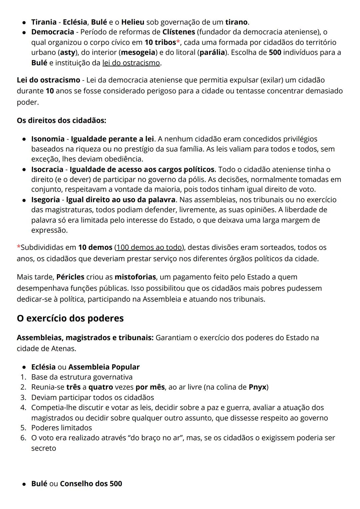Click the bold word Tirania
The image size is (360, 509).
click(x=44, y=22)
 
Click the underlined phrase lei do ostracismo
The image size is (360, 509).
click(x=131, y=63)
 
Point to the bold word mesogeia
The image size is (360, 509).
click(x=138, y=52)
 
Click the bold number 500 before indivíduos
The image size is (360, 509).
click(x=275, y=52)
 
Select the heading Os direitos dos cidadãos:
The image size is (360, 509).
click(x=61, y=120)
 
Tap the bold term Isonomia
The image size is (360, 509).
click(x=48, y=139)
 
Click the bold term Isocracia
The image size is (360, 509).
click(x=47, y=169)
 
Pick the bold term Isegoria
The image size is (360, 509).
click(x=45, y=200)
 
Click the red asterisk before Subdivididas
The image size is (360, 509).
click(x=18, y=247)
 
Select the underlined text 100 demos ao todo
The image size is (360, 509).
click(x=149, y=247)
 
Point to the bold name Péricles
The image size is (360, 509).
click(x=70, y=277)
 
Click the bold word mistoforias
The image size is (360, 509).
click(x=135, y=277)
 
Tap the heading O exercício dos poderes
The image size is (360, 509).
click(x=70, y=318)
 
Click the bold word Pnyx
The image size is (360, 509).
click(x=257, y=387)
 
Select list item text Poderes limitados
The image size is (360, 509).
click(x=61, y=428)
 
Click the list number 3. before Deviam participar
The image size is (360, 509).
click(x=23, y=397)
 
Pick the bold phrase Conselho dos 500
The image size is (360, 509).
click(x=91, y=484)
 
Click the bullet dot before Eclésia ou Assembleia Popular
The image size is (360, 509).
click(x=24, y=367)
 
